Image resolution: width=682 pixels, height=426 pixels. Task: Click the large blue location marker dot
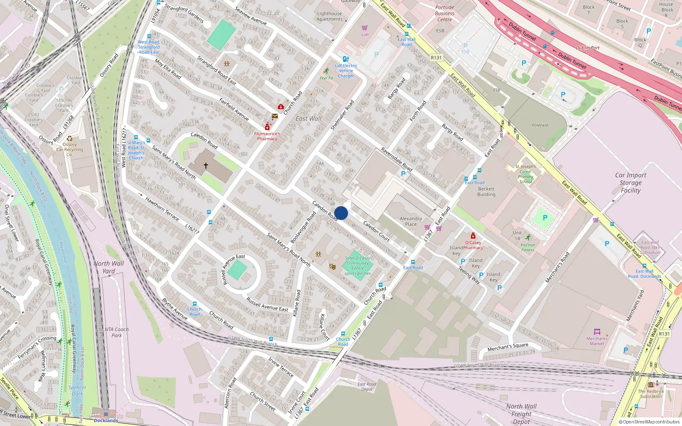(341, 213)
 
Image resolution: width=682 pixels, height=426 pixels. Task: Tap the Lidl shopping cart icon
(364, 28)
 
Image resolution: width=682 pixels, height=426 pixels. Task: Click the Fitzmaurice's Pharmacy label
(267, 136)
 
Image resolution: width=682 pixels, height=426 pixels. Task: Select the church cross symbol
(206, 165)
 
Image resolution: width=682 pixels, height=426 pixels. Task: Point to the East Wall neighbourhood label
(309, 119)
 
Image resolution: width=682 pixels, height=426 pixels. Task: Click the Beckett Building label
(486, 192)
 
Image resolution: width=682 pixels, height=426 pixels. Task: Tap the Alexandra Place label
(411, 222)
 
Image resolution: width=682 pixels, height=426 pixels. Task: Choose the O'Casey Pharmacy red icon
(473, 236)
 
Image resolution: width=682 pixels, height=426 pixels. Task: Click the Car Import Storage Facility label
(630, 183)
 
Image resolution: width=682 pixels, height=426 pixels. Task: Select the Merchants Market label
(597, 341)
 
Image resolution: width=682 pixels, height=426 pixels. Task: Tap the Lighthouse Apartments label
(329, 16)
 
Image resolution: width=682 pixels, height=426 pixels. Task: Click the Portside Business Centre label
(445, 14)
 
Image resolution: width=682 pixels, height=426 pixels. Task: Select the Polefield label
(540, 125)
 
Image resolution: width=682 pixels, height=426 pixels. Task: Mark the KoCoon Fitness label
(528, 248)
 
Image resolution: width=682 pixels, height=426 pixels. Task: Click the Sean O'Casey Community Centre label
(358, 263)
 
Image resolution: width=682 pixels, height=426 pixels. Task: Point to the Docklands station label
(106, 420)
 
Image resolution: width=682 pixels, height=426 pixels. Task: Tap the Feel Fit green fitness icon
(327, 71)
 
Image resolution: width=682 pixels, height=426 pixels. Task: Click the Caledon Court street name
(376, 231)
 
